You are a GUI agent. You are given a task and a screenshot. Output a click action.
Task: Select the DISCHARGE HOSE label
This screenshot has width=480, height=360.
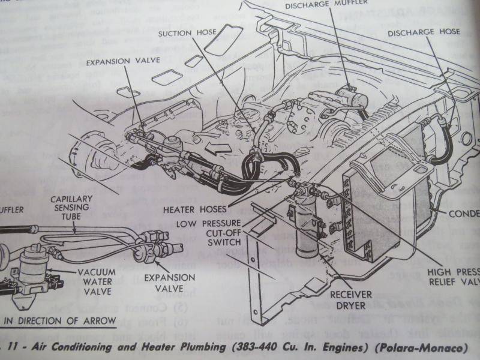tap(424, 32)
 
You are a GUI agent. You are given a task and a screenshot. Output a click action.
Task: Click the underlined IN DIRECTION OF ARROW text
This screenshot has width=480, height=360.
tap(60, 321)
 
